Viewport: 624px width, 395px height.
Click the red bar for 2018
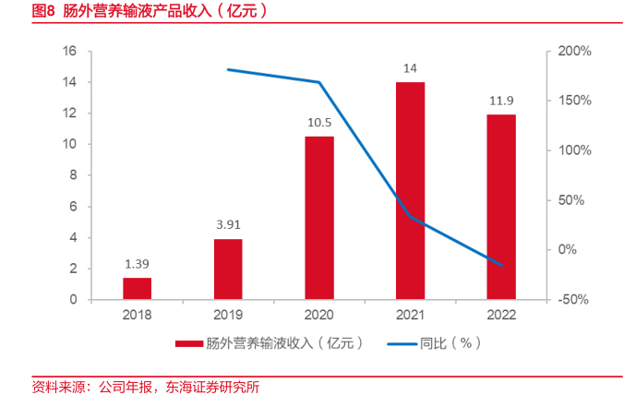coord(137,289)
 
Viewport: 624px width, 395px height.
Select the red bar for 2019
coord(228,269)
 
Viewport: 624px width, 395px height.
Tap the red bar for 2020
coord(319,218)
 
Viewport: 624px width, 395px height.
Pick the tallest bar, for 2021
coord(411,191)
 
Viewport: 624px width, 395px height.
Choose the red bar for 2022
coord(501,207)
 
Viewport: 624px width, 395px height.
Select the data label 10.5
coord(319,123)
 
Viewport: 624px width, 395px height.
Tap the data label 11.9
coord(501,101)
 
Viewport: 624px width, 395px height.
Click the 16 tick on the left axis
coord(69,51)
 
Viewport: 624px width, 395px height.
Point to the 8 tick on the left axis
coord(73,175)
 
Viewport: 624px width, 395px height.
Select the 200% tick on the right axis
coord(573,51)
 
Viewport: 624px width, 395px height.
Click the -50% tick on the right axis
coord(573,300)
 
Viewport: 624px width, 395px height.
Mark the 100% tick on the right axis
coord(573,150)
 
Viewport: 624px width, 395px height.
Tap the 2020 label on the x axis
coord(319,314)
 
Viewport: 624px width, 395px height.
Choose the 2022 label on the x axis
coord(501,314)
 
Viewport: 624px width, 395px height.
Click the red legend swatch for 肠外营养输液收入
coord(188,343)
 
